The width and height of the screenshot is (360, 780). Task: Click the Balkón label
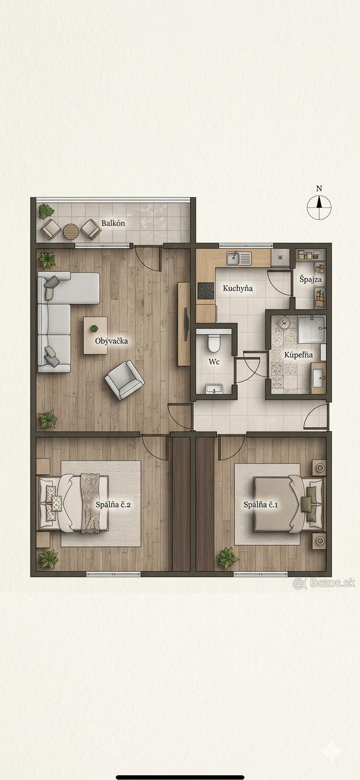tap(113, 223)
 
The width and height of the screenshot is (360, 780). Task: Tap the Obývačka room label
tap(111, 341)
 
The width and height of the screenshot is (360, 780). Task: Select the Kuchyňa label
tap(238, 288)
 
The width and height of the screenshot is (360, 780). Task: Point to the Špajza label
tap(310, 279)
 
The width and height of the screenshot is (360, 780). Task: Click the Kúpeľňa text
tap(298, 355)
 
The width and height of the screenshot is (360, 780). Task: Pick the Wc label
tap(214, 362)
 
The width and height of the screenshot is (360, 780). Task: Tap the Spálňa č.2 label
tap(113, 504)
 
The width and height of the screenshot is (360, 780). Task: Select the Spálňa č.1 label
tap(261, 504)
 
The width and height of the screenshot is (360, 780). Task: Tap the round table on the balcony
tap(71, 231)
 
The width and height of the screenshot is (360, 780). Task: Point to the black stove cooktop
tap(206, 291)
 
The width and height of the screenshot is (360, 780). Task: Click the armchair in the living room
tap(124, 380)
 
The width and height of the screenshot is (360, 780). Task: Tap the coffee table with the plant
tap(95, 335)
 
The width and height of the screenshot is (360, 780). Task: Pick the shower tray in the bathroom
tap(311, 329)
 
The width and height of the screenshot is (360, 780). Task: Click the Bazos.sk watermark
tap(324, 583)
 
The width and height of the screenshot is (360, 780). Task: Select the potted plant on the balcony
tap(46, 211)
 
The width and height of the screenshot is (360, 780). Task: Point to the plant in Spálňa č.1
tap(228, 558)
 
